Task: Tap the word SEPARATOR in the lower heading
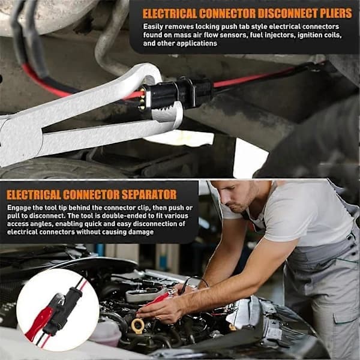click(x=149, y=194)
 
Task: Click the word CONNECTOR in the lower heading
click(x=91, y=194)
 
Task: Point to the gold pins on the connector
click(x=142, y=99)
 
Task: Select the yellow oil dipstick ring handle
click(x=138, y=325)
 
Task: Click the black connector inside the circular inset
click(x=62, y=310)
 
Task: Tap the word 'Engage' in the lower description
click(x=19, y=208)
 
